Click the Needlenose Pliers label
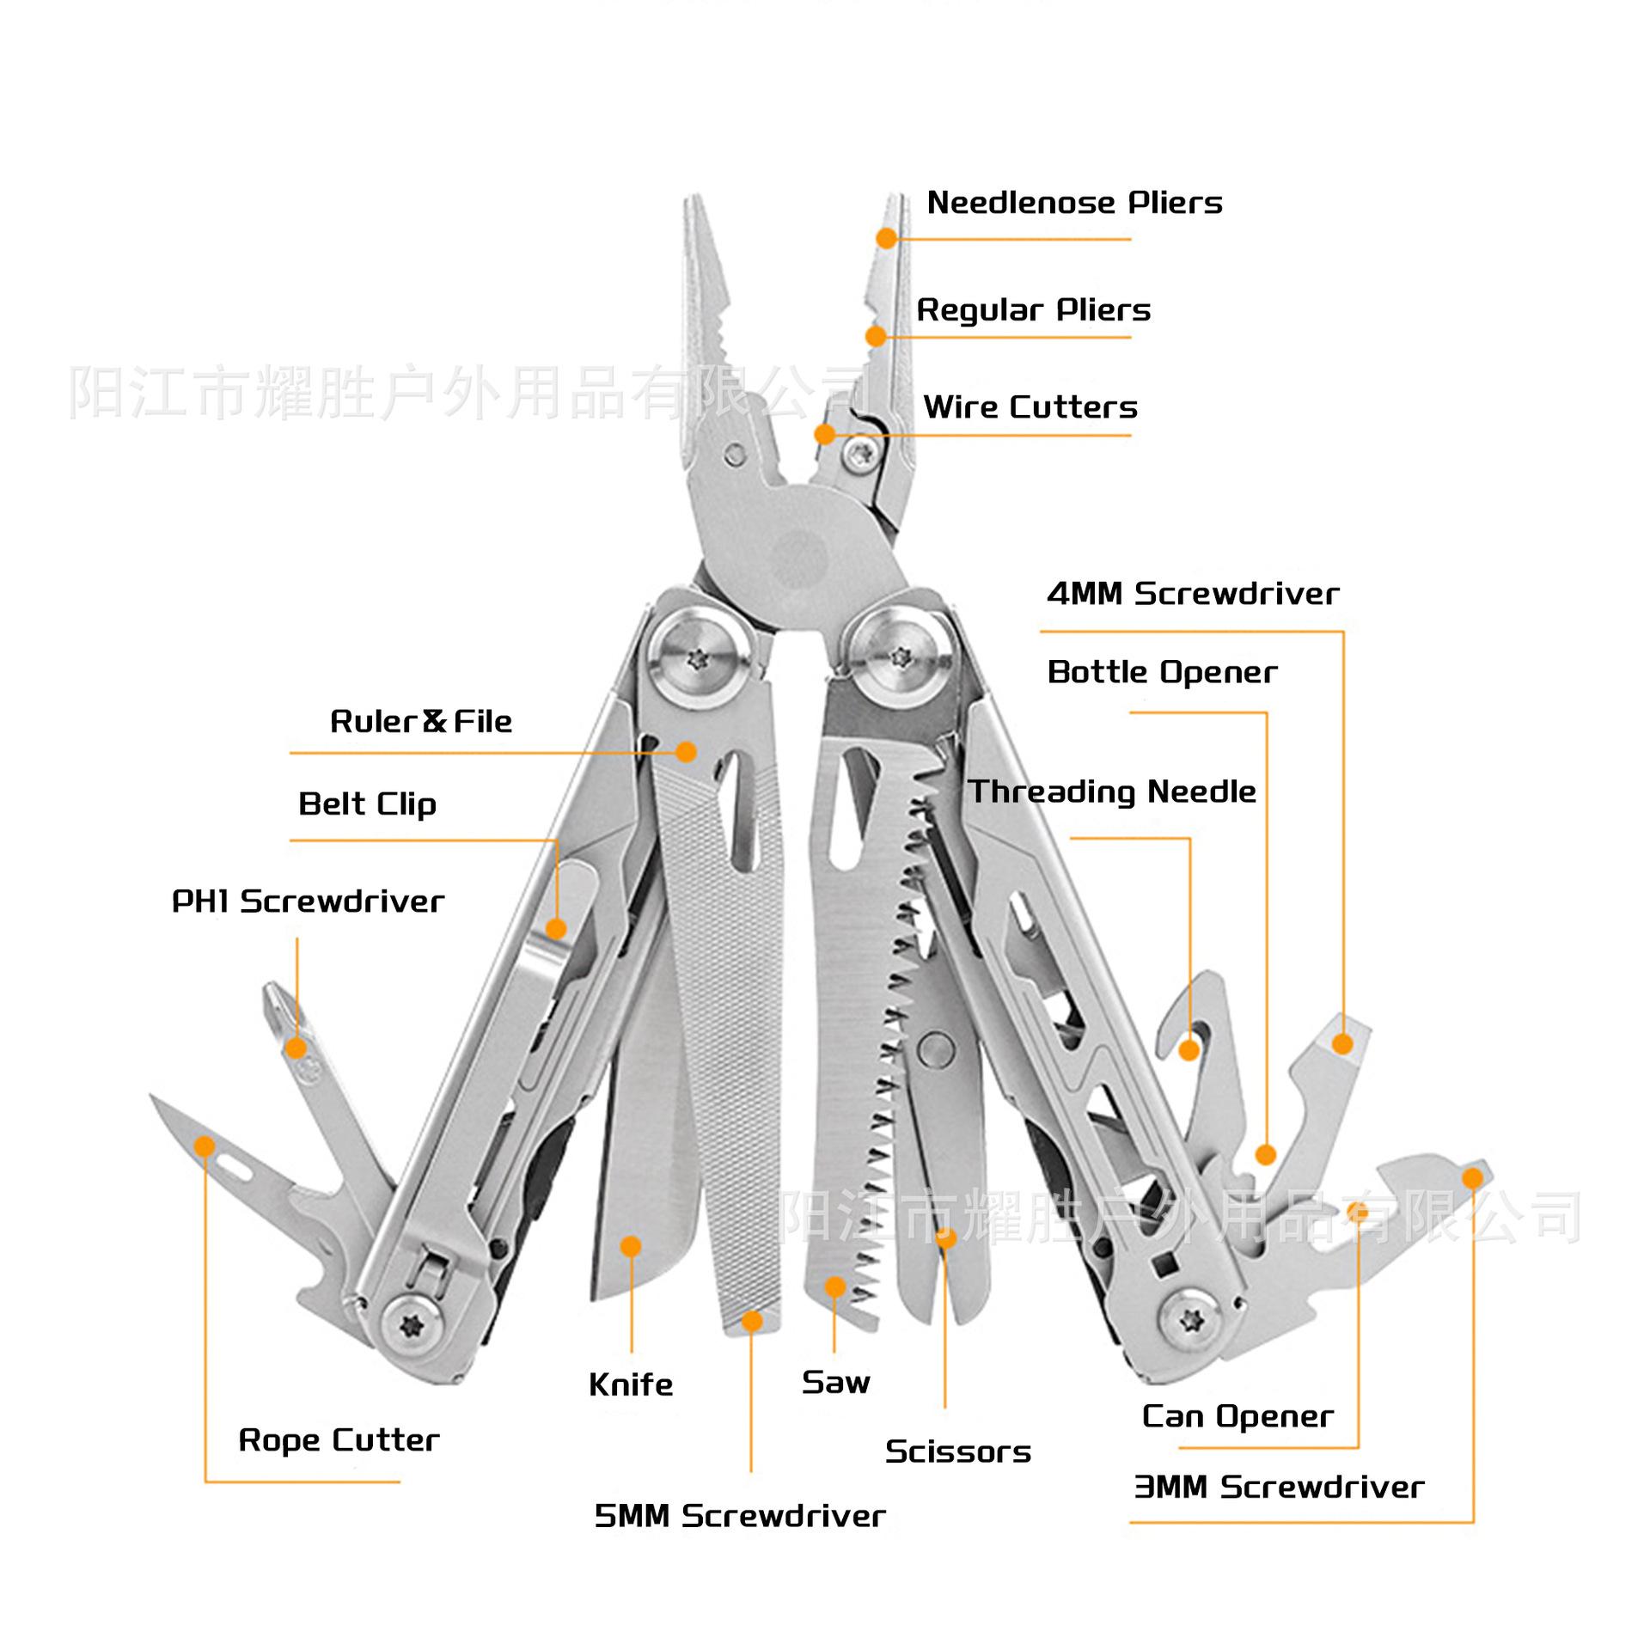pyautogui.click(x=1074, y=203)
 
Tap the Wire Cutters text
pyautogui.click(x=1030, y=406)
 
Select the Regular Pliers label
pyautogui.click(x=1033, y=309)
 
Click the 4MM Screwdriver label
pyautogui.click(x=1193, y=593)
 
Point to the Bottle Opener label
pyautogui.click(x=1162, y=672)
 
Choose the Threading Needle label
pyautogui.click(x=1112, y=791)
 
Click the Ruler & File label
pyautogui.click(x=421, y=721)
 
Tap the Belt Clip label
pyautogui.click(x=367, y=804)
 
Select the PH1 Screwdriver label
pyautogui.click(x=308, y=901)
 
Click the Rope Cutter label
pyautogui.click(x=339, y=1439)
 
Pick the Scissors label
pyautogui.click(x=957, y=1451)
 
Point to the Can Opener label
pyautogui.click(x=1237, y=1416)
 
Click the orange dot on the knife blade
pyautogui.click(x=631, y=1246)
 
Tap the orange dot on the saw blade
pyautogui.click(x=834, y=1286)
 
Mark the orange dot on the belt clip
pyautogui.click(x=556, y=929)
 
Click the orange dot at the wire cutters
pyautogui.click(x=824, y=434)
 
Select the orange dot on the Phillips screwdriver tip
pyautogui.click(x=296, y=1048)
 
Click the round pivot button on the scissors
pyautogui.click(x=935, y=1047)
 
